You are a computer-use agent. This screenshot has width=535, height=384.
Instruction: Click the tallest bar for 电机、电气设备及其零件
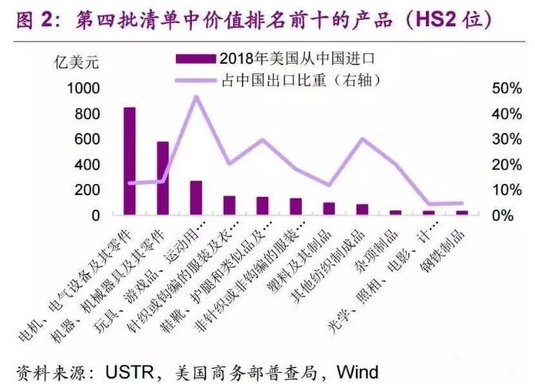tap(129, 161)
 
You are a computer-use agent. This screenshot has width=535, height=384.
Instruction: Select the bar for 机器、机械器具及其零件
tap(162, 178)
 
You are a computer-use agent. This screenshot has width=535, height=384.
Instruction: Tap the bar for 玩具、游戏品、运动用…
tap(196, 198)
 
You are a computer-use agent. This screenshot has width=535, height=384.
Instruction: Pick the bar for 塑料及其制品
tap(329, 208)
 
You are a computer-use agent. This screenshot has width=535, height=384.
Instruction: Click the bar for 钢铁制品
tap(462, 212)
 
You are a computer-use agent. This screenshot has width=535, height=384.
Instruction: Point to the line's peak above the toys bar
tap(196, 96)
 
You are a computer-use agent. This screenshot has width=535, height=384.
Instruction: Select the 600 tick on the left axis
tap(88, 139)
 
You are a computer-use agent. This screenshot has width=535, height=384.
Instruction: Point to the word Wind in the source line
tap(357, 371)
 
